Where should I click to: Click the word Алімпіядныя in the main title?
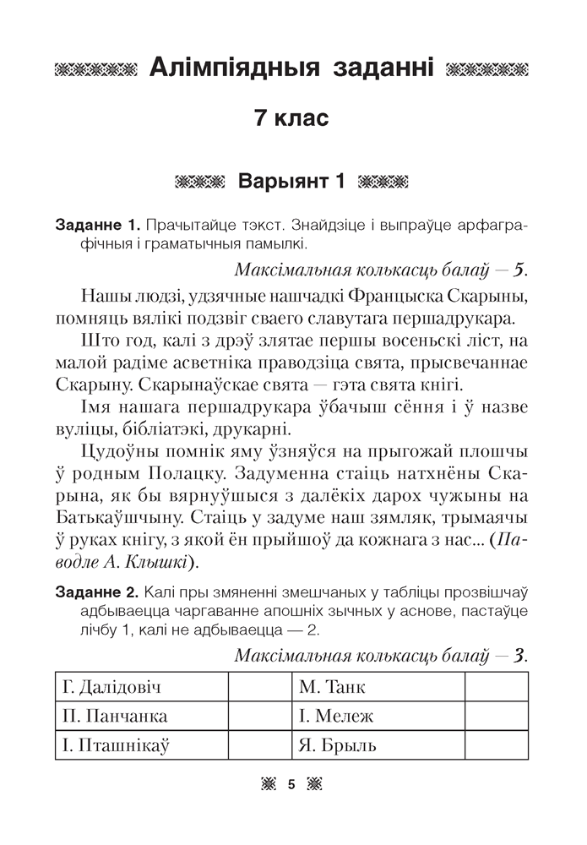[x=218, y=68]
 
